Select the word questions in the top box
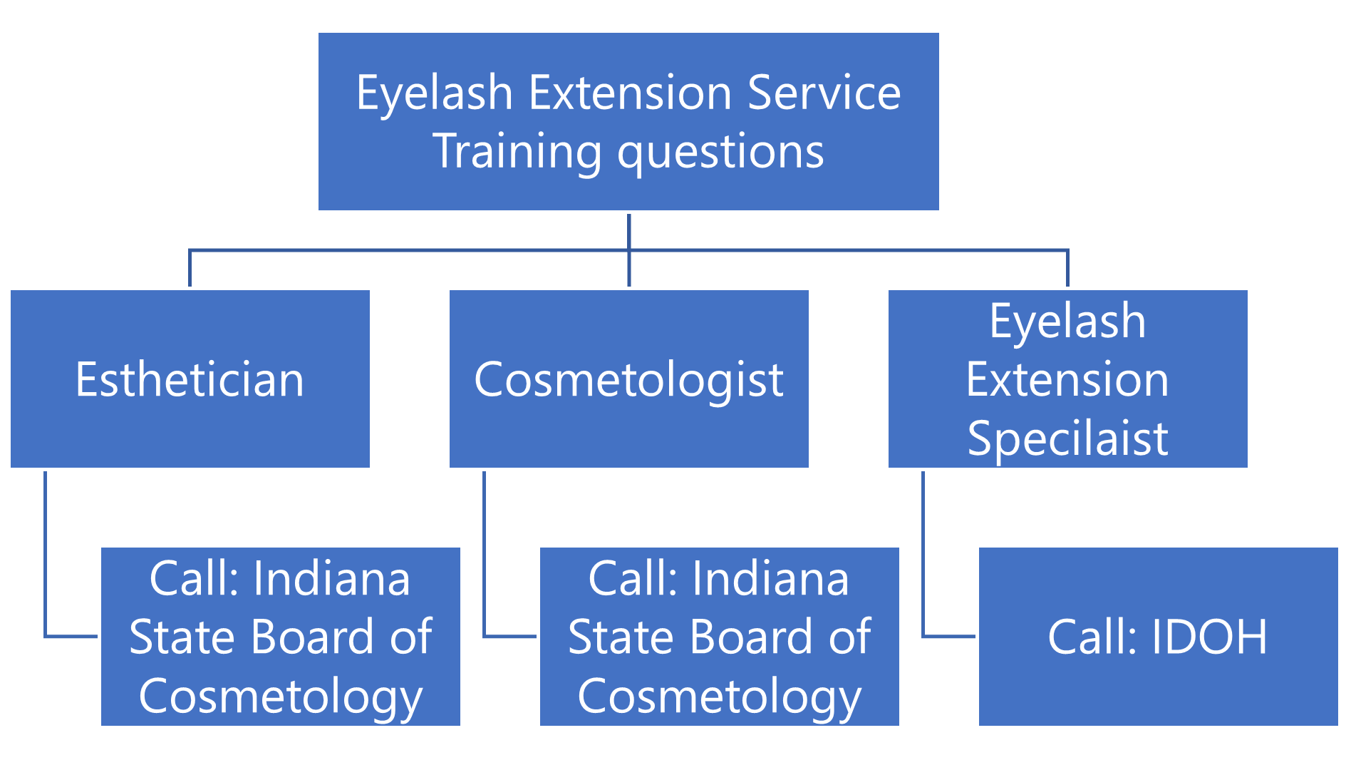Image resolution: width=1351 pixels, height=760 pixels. (720, 151)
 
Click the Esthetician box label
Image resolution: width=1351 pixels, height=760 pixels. (190, 379)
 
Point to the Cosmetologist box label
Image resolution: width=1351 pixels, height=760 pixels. (628, 379)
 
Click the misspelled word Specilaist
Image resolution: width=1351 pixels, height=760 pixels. (1067, 438)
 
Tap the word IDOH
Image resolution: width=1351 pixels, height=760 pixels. (1209, 636)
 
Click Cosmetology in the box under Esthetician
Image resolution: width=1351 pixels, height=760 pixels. (281, 696)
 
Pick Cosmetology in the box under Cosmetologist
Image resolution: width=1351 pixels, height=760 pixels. (720, 696)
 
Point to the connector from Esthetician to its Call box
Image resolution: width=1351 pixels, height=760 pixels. (46, 556)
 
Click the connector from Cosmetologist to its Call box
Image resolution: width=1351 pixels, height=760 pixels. (485, 556)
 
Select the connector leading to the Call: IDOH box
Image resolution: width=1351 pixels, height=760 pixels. (923, 556)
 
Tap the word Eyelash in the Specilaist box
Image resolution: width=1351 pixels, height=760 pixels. (1067, 321)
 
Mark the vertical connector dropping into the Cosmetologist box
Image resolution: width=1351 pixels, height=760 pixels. (629, 269)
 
